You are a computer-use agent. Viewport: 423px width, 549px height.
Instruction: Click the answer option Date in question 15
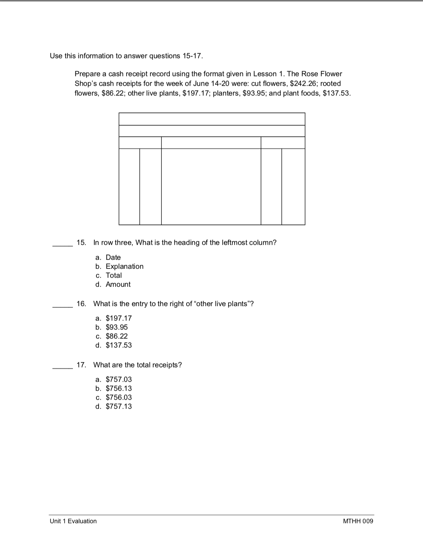click(x=113, y=258)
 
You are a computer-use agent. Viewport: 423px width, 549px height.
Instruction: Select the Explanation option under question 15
click(x=124, y=267)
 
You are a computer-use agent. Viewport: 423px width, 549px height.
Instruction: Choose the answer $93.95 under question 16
click(x=116, y=327)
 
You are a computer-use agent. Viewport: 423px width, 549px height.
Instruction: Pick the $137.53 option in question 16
click(x=119, y=345)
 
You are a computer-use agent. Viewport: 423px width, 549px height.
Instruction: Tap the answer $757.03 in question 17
click(x=119, y=380)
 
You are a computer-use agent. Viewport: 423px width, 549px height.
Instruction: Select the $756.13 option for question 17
click(x=119, y=389)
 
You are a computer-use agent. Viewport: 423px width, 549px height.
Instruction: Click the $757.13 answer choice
click(x=119, y=407)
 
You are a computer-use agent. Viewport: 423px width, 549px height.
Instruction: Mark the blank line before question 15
click(x=63, y=245)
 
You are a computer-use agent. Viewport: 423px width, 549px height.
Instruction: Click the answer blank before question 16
click(x=63, y=306)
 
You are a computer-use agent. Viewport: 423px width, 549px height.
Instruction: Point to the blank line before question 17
click(x=63, y=367)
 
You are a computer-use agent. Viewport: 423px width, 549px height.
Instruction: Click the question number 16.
click(x=81, y=304)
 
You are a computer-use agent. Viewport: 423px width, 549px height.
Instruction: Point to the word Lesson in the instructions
click(x=265, y=74)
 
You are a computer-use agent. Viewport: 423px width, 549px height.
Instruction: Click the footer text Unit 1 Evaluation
click(x=73, y=521)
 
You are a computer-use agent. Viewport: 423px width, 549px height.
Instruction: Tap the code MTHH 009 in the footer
click(x=358, y=521)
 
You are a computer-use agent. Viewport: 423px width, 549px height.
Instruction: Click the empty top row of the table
click(x=212, y=119)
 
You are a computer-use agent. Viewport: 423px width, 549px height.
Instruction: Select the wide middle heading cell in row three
click(x=211, y=143)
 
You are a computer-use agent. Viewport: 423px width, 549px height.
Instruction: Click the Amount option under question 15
click(x=118, y=285)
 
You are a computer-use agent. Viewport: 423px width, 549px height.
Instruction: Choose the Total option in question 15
click(x=114, y=276)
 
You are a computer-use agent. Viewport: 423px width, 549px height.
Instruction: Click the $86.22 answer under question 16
click(x=116, y=336)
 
